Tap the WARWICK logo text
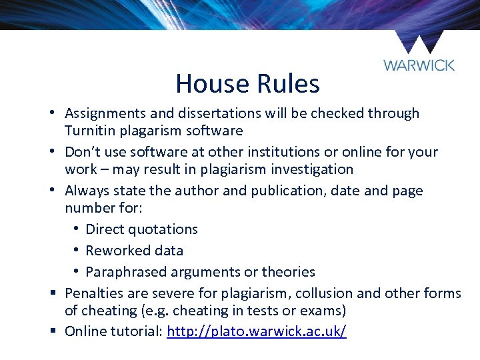point(419,65)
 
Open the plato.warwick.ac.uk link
point(257,331)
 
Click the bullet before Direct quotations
point(78,229)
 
